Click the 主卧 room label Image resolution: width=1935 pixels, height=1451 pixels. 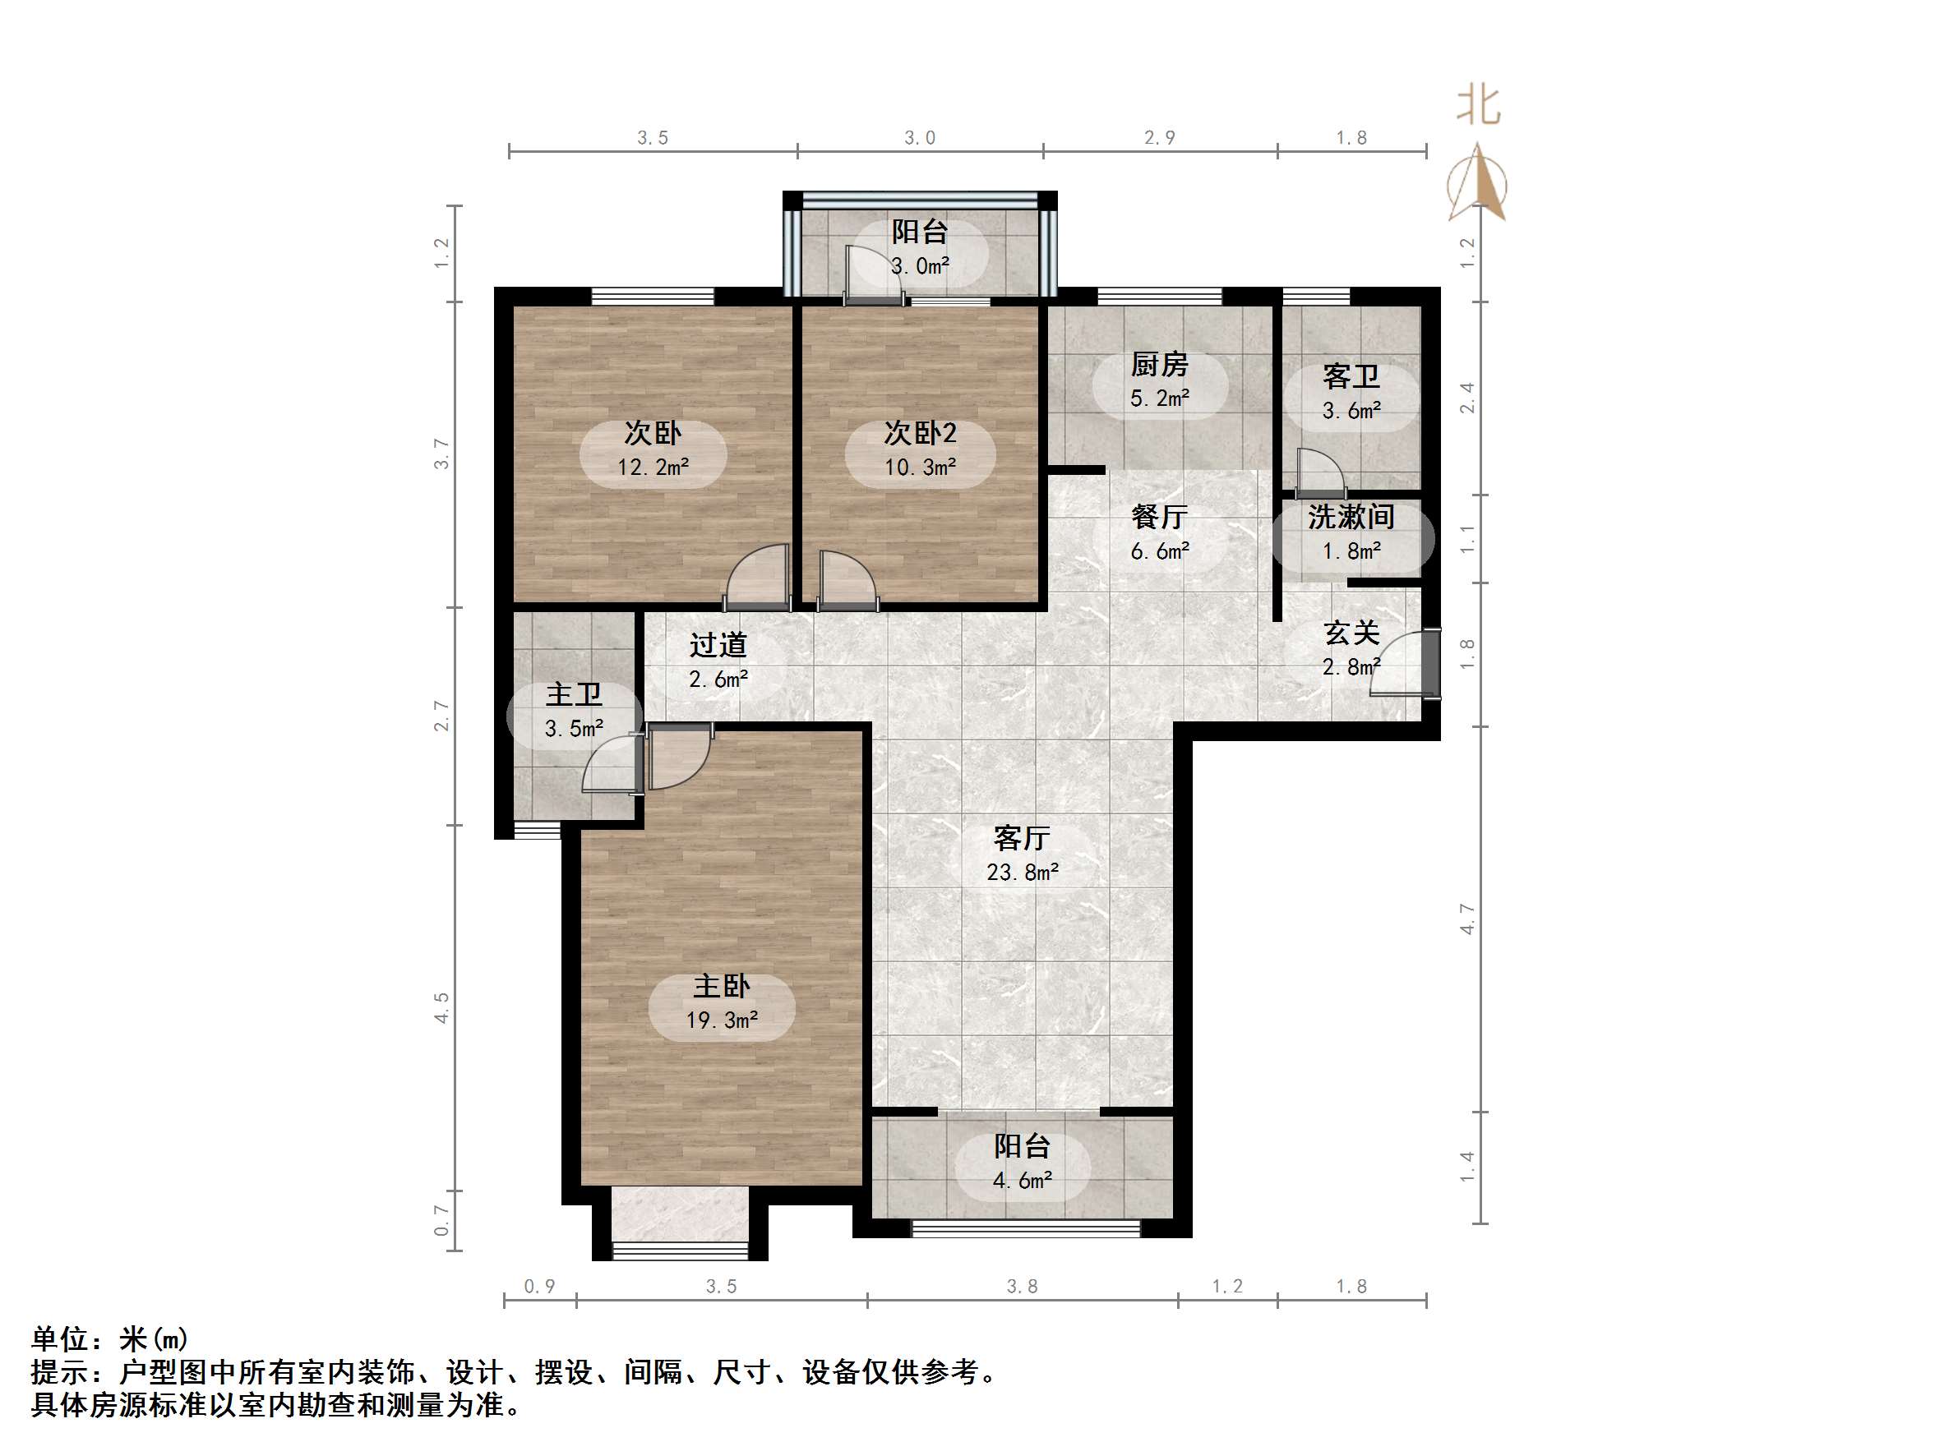tap(722, 987)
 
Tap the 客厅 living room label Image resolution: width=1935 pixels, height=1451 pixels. tap(1022, 838)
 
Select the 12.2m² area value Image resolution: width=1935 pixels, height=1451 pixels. tap(653, 467)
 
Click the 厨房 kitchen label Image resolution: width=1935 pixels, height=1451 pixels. tap(1159, 364)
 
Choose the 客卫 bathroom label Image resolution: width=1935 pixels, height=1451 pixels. tap(1351, 377)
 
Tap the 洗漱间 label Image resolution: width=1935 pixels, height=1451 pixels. tap(1351, 517)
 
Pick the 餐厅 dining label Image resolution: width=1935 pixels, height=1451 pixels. tap(1159, 517)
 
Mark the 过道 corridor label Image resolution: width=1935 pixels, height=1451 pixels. tap(718, 646)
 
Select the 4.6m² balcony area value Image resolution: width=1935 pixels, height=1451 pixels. tap(1022, 1181)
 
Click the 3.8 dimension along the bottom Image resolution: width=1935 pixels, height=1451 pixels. tap(1022, 1287)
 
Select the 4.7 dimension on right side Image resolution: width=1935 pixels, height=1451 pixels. tap(1468, 919)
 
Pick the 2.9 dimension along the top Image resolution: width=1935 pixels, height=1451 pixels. tap(1159, 137)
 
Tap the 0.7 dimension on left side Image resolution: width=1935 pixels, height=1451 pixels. tap(441, 1220)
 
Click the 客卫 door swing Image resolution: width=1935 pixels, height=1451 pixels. tap(1318, 472)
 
